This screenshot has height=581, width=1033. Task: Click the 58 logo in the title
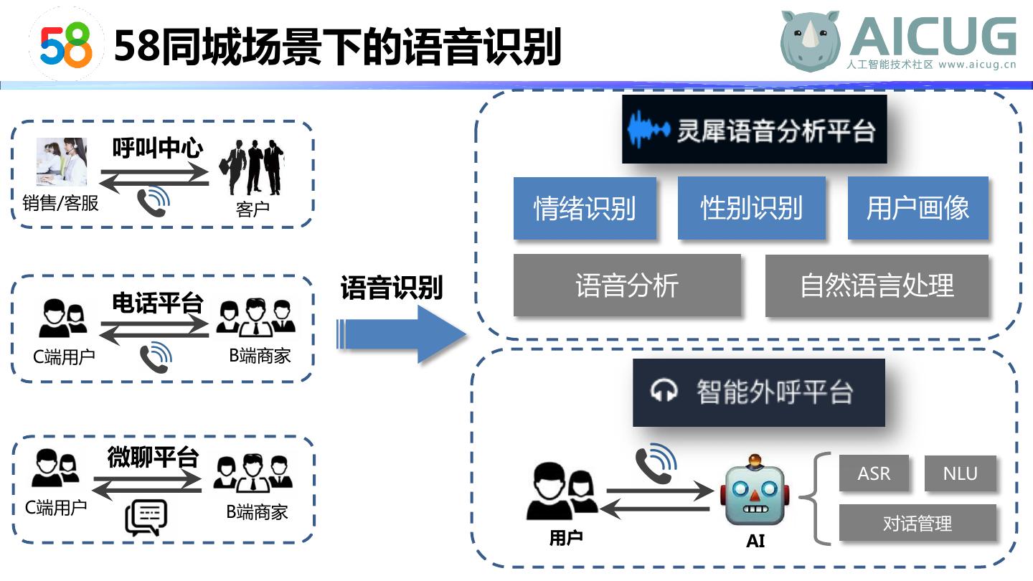point(66,44)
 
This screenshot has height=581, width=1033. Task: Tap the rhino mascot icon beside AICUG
point(811,41)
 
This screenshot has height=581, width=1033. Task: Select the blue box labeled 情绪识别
point(585,208)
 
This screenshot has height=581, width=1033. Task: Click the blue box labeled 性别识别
point(751,208)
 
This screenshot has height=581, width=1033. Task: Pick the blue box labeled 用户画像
point(918,208)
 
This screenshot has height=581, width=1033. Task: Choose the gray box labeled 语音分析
point(626,285)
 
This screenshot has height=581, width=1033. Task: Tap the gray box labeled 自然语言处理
point(877,285)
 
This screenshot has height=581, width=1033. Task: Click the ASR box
point(874,473)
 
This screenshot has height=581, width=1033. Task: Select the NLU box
point(960,473)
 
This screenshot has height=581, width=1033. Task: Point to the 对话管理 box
point(917,523)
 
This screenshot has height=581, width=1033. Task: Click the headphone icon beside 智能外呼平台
point(664,392)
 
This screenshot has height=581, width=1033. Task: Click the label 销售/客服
point(60,204)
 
